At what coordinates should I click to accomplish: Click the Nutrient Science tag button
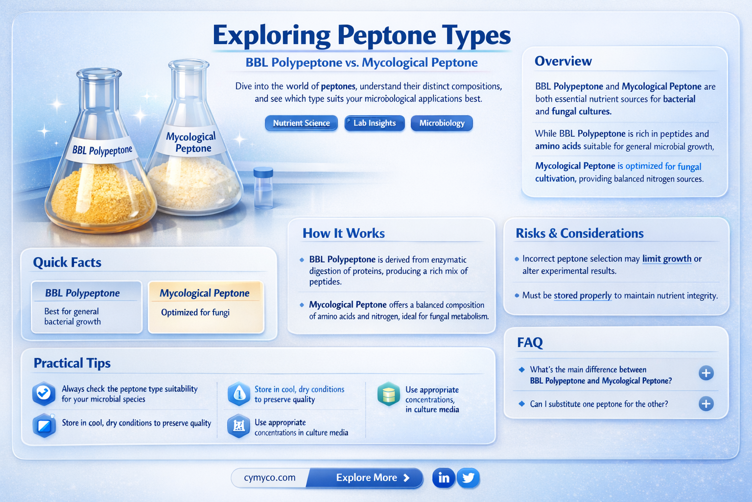tap(301, 123)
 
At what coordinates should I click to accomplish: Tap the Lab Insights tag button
tap(375, 123)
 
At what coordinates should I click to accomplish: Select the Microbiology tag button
tap(442, 123)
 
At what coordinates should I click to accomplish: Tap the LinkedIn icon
tap(444, 477)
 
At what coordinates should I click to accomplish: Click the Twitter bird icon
tap(469, 477)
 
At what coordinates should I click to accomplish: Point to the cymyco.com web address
tap(270, 477)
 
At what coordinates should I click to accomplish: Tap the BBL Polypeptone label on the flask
tap(102, 150)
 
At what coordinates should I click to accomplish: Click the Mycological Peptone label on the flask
tap(191, 142)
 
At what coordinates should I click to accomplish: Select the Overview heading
tap(563, 61)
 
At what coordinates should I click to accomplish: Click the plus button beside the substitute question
tap(705, 404)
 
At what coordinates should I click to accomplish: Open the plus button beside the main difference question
tap(705, 373)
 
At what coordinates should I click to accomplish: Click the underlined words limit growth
tap(667, 259)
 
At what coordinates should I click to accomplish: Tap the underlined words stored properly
tap(583, 296)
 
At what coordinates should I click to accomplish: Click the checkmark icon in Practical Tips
tap(44, 393)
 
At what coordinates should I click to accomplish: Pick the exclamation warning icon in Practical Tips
tap(239, 394)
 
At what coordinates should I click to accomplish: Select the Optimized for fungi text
tap(195, 312)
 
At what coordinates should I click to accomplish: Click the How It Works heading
tap(343, 233)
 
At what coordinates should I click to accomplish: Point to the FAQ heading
tap(530, 342)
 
